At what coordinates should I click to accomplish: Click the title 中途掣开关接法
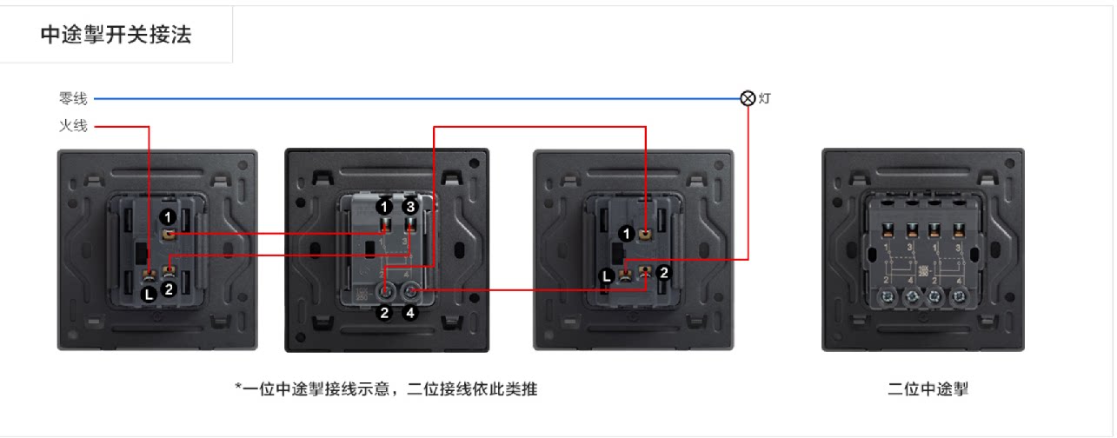pos(116,35)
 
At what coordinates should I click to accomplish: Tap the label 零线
pos(73,99)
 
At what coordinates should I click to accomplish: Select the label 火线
pos(73,126)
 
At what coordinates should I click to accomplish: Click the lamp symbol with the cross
pos(747,98)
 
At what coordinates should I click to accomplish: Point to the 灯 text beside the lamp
pos(764,99)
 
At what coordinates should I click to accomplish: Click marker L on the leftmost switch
pos(150,294)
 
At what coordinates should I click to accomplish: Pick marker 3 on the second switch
pos(410,207)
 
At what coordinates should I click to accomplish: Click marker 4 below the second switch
pos(409,313)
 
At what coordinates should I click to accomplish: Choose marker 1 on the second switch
pos(383,207)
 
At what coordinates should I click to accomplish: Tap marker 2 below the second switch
pos(384,313)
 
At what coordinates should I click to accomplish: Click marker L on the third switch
pos(609,277)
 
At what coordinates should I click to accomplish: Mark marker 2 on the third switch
pos(662,272)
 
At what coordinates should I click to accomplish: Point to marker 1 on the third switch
pos(626,234)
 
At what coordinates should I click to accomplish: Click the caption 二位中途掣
pos(927,389)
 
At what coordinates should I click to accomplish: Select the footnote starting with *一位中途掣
pos(386,389)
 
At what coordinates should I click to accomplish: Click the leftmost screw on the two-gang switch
pos(889,295)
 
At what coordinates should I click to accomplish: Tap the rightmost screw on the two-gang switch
pos(960,295)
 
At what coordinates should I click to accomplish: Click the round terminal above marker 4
pos(409,292)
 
